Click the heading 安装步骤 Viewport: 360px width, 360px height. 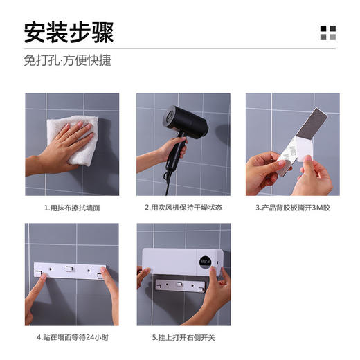pyautogui.click(x=69, y=32)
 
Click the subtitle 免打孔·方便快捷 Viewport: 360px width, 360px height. pyautogui.click(x=67, y=60)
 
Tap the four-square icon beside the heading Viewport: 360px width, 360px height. pyautogui.click(x=327, y=33)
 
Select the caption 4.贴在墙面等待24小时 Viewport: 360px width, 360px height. pyautogui.click(x=72, y=338)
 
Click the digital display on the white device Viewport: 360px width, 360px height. pyautogui.click(x=205, y=262)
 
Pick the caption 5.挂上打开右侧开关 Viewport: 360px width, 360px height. pyautogui.click(x=183, y=338)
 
